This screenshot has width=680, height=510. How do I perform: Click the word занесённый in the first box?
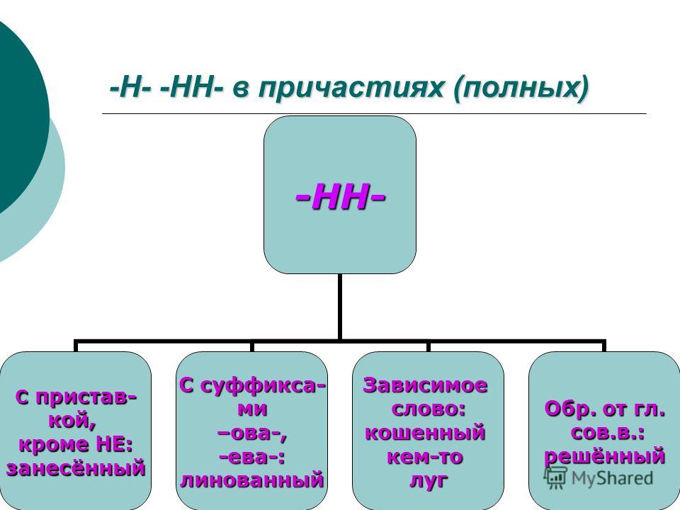(76, 468)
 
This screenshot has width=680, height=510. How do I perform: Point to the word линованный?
(252, 480)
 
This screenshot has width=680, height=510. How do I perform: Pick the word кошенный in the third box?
(424, 433)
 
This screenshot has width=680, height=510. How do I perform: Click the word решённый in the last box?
(604, 456)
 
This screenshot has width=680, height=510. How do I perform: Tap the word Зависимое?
(425, 385)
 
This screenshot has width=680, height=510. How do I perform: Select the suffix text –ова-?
(252, 433)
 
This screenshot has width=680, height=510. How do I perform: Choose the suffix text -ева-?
(252, 457)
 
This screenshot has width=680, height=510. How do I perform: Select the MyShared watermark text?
(612, 478)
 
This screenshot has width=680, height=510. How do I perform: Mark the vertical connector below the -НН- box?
(339, 307)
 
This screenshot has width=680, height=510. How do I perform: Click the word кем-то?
(424, 457)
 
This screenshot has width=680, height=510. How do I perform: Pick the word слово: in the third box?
(428, 409)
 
